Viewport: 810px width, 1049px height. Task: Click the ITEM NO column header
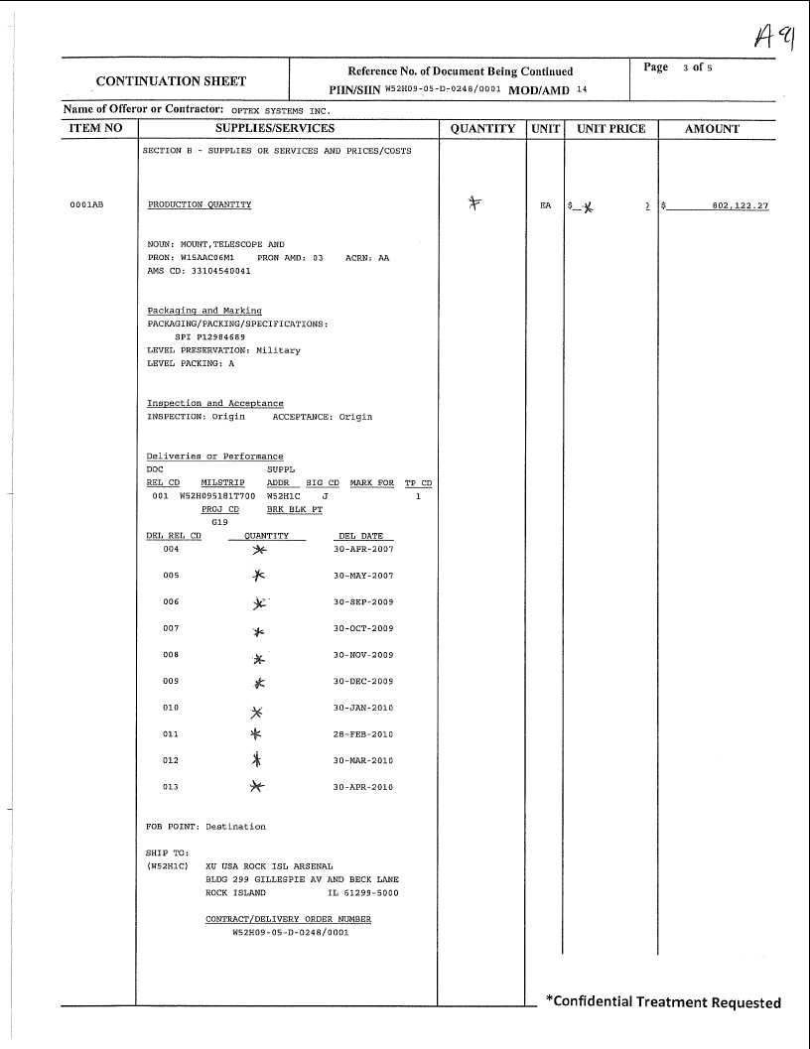point(96,129)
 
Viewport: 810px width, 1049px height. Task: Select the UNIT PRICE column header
point(610,129)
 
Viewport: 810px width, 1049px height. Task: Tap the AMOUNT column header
point(712,129)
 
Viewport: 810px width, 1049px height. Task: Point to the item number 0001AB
point(86,205)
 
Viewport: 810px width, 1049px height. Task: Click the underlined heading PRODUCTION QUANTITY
point(200,205)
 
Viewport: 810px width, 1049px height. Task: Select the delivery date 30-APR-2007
point(363,549)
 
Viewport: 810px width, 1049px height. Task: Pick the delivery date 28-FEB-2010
point(363,734)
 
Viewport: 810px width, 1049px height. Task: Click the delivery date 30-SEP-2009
point(363,602)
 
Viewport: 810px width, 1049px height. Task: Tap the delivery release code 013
point(171,787)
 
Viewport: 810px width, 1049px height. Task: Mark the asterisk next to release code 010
point(257,711)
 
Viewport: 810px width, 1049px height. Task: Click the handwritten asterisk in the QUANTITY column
point(474,203)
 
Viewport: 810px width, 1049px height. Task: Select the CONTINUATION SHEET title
point(171,81)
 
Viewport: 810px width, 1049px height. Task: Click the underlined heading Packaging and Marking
point(204,311)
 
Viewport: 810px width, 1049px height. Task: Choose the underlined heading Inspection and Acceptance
point(215,404)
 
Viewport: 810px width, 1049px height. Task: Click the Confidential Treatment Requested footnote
point(663,1002)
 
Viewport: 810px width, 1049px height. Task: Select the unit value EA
point(545,205)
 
